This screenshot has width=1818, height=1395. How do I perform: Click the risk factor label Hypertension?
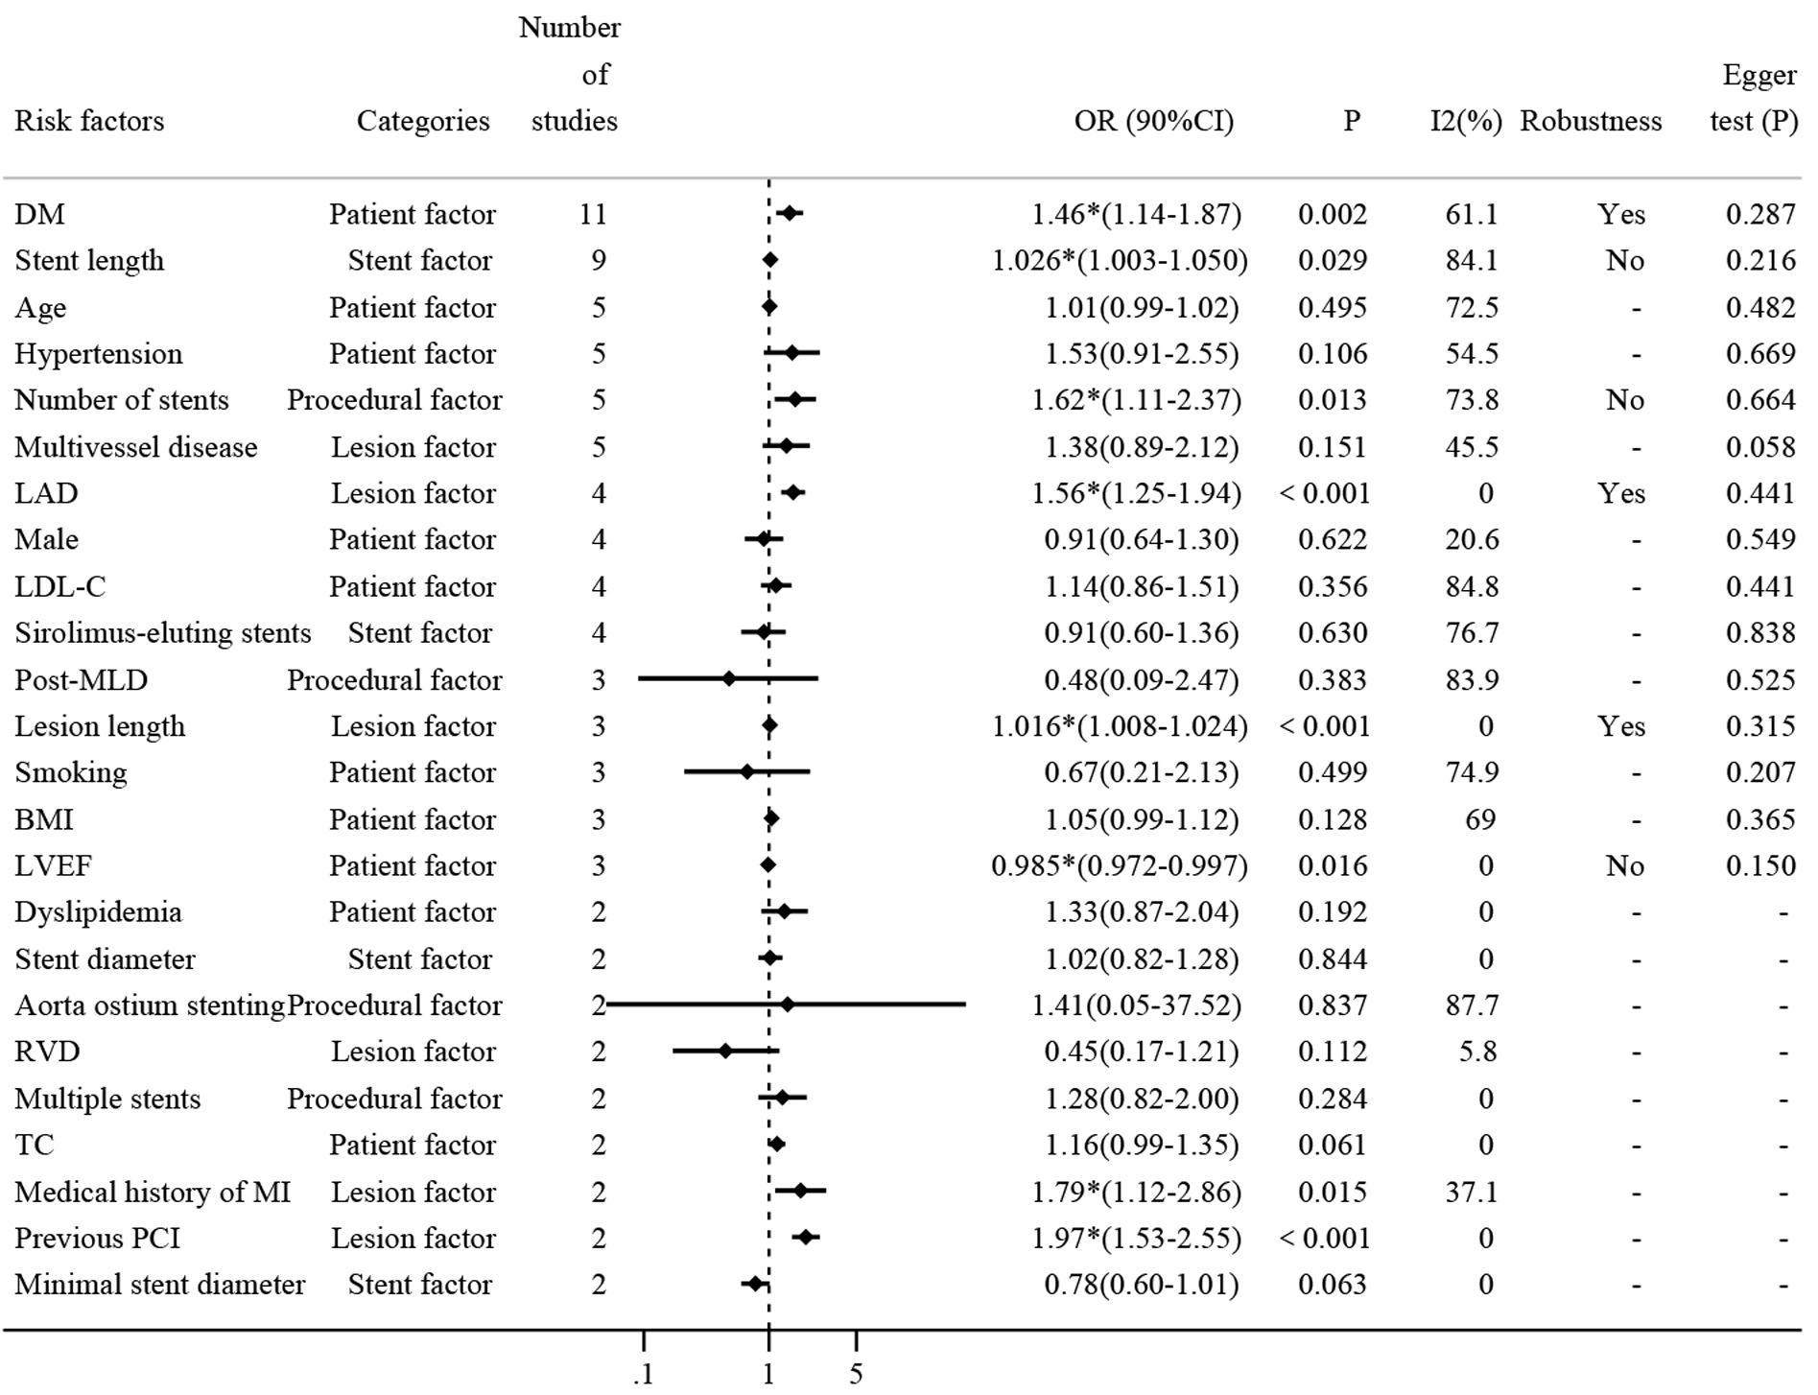point(98,354)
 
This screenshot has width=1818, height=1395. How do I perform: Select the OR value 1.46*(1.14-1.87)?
point(1136,214)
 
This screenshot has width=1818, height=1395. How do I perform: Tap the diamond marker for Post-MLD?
point(729,679)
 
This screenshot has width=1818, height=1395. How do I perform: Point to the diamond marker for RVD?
point(725,1052)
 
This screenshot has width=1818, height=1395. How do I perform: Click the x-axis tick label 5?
point(856,1374)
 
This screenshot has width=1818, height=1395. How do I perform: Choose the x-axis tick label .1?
point(644,1374)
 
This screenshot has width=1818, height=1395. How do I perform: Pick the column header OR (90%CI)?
point(1154,121)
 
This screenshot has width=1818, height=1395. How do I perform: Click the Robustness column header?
point(1591,121)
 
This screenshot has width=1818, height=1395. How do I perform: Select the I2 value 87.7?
point(1472,1005)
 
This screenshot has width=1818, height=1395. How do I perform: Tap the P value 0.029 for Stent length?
point(1333,261)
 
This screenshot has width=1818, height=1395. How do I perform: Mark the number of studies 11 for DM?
point(593,214)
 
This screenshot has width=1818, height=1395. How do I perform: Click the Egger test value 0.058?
point(1760,447)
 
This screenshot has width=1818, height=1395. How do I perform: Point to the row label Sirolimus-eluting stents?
point(163,633)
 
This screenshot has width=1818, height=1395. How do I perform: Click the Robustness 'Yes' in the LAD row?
point(1621,493)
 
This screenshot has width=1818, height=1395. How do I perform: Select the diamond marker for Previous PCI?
point(806,1238)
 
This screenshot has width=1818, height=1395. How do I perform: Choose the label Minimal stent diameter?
point(160,1285)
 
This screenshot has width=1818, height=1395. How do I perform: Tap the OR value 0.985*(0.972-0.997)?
point(1120,866)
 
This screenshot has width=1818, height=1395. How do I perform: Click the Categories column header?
point(423,121)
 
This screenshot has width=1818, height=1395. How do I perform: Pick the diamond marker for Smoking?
point(747,772)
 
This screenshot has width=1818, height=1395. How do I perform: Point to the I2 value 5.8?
point(1477,1052)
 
